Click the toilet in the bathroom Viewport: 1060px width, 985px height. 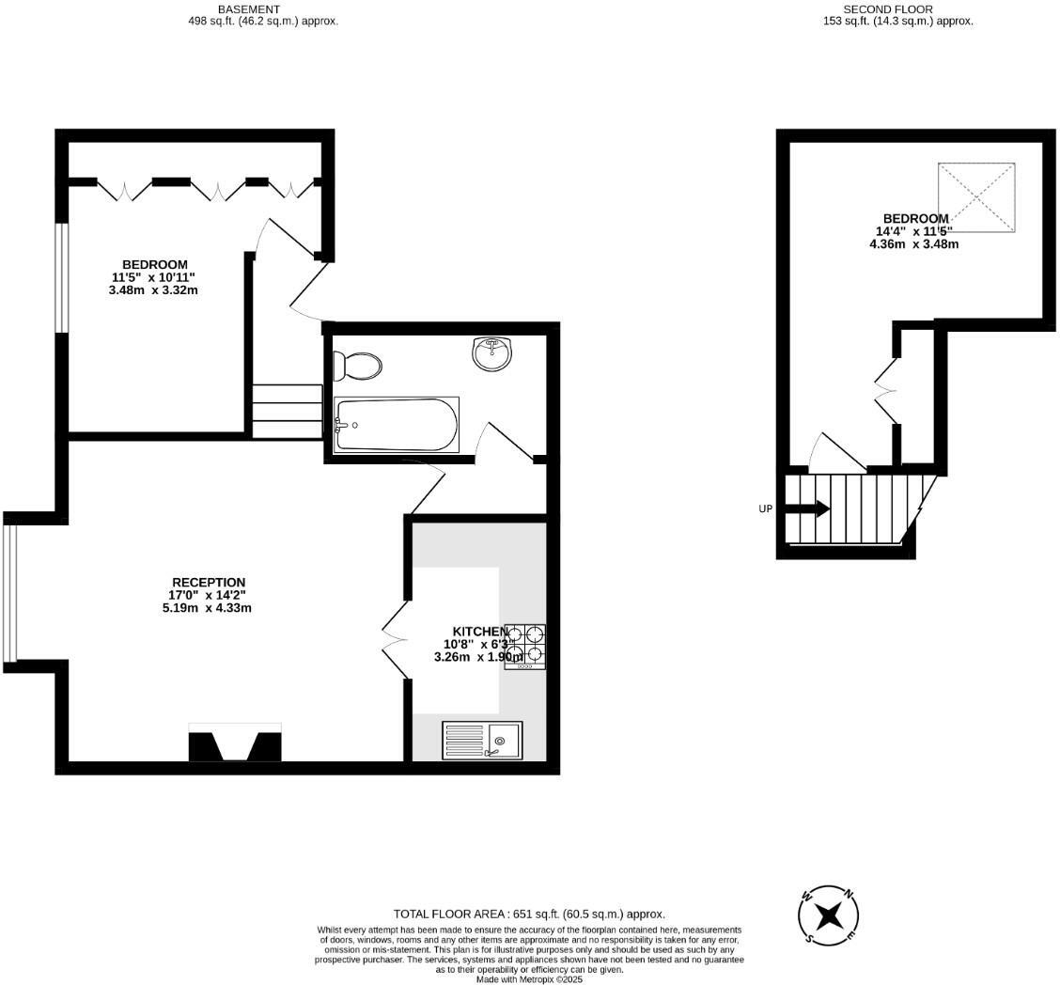click(x=359, y=366)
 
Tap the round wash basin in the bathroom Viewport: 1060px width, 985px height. click(x=492, y=353)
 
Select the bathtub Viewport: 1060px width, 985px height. click(x=397, y=425)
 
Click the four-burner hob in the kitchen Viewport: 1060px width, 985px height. click(x=525, y=646)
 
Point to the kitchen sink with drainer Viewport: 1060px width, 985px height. click(x=482, y=741)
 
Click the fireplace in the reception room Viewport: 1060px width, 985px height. click(x=235, y=743)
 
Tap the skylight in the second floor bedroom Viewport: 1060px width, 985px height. click(x=976, y=197)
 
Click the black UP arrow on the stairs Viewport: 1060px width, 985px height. click(x=807, y=508)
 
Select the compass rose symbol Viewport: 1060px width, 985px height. click(x=828, y=915)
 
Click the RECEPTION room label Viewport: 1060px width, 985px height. click(x=208, y=583)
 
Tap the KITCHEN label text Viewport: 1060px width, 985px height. click(x=480, y=632)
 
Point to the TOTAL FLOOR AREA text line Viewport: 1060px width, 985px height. click(x=529, y=914)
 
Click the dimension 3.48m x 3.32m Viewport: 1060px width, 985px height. click(x=153, y=290)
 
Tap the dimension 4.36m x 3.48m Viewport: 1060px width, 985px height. click(x=913, y=244)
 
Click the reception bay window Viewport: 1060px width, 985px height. click(x=9, y=592)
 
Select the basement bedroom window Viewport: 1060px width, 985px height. click(x=61, y=277)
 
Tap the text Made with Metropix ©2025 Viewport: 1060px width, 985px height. click(x=529, y=978)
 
